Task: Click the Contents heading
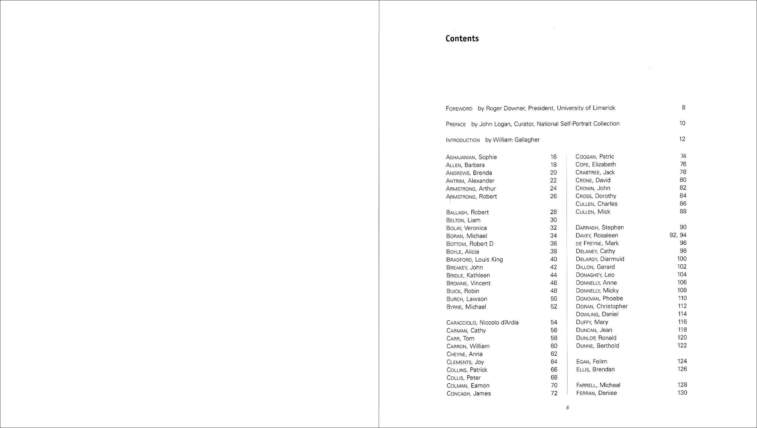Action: pos(462,38)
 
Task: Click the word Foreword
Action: pos(459,109)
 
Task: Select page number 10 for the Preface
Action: pos(682,123)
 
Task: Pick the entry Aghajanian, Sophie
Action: pos(471,157)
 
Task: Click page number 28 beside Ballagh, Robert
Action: pos(553,212)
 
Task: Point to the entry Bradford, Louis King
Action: pos(474,259)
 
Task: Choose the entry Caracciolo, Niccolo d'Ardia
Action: pos(482,323)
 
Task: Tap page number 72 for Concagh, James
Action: pos(554,393)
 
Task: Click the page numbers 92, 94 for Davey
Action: pos(678,235)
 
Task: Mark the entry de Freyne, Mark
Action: pos(597,243)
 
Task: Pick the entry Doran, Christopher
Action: pos(601,306)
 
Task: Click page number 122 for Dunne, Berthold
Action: pos(682,346)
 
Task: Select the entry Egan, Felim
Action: pos(591,362)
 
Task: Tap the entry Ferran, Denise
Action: pos(596,393)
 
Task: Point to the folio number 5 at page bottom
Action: pos(568,408)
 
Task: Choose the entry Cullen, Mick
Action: pos(593,212)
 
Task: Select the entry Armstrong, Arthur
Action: pos(471,189)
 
